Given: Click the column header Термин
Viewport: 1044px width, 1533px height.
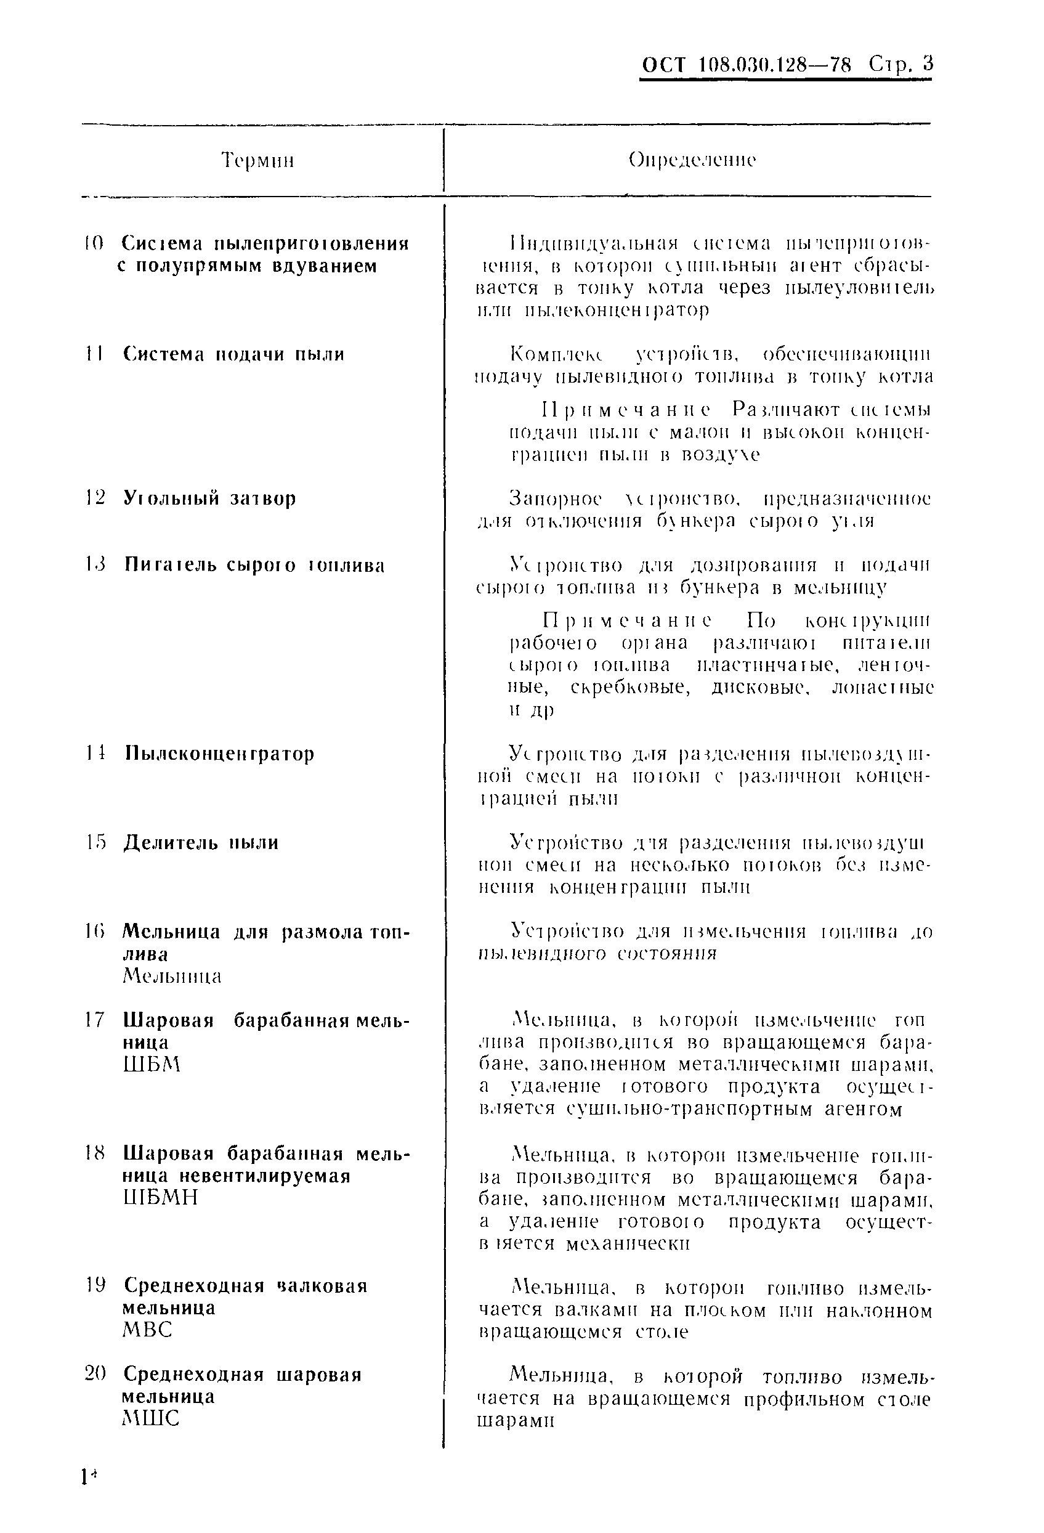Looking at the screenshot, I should click(257, 161).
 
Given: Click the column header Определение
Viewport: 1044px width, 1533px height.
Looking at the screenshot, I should click(692, 160).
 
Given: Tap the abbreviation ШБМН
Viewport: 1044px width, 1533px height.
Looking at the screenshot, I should click(160, 1197).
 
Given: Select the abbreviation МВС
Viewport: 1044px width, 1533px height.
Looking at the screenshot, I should click(147, 1330).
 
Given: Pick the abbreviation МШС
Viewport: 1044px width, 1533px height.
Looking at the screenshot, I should click(150, 1418).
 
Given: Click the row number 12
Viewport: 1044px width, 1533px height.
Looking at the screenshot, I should click(95, 498).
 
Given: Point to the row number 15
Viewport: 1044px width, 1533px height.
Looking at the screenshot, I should click(95, 842).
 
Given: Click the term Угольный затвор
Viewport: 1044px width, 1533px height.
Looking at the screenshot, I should click(209, 498).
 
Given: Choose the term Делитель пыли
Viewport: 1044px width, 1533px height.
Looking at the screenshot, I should click(201, 842).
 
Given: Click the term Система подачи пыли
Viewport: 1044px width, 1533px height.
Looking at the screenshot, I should click(233, 354).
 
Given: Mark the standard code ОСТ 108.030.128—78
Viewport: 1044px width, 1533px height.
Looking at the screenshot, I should click(747, 65).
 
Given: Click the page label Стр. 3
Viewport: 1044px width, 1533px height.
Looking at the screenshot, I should click(901, 65).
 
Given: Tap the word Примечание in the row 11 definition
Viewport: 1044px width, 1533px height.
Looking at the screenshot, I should click(626, 410).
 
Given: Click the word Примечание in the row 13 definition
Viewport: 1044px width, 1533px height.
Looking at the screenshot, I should click(626, 620).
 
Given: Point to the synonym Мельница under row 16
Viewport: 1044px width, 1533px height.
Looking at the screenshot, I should click(172, 976).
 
